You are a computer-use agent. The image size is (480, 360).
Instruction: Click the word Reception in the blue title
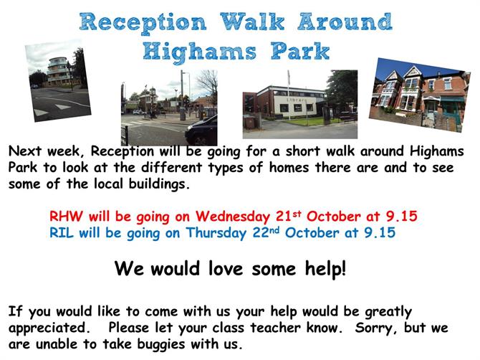tap(143, 23)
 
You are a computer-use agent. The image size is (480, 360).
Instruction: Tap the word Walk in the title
tap(252, 22)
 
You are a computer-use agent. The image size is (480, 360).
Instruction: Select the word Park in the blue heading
tap(300, 51)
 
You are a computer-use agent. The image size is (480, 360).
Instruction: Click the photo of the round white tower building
tap(58, 80)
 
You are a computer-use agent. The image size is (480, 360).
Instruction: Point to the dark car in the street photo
tap(201, 131)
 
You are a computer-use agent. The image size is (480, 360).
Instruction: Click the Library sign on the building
tap(296, 100)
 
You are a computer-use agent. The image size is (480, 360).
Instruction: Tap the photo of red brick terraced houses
tap(419, 95)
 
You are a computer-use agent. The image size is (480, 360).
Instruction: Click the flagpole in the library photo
tap(288, 95)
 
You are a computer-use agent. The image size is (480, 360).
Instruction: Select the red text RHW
tap(66, 216)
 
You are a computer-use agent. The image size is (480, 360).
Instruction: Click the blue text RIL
tap(62, 232)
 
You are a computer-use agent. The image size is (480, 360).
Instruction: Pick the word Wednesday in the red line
tap(233, 217)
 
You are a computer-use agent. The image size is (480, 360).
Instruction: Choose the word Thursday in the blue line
tap(216, 233)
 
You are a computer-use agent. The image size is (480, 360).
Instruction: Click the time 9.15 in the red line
tap(401, 216)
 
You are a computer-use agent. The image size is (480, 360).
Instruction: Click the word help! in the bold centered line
tap(325, 269)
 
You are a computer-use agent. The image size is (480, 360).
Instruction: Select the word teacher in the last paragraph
tap(275, 328)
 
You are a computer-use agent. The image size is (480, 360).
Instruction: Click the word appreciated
tap(49, 328)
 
